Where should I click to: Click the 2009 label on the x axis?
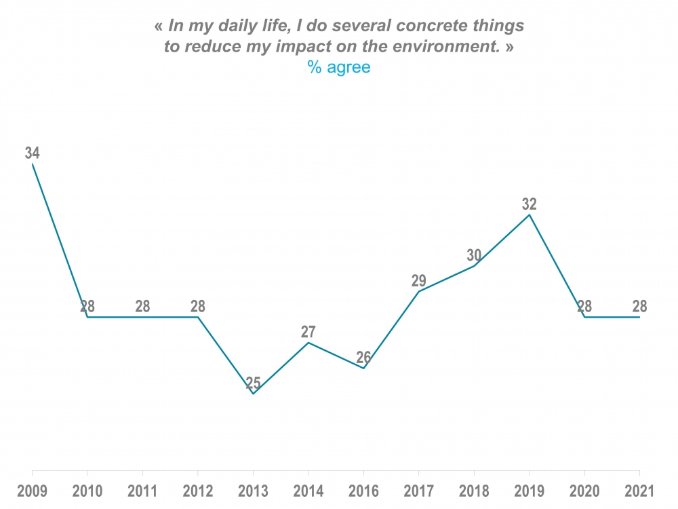click(32, 491)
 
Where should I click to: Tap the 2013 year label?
click(253, 491)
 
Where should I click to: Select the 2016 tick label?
click(363, 491)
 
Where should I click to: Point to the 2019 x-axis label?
click(529, 491)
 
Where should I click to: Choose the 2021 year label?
click(639, 491)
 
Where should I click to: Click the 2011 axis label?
click(142, 491)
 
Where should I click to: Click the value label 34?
click(32, 153)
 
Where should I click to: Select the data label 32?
click(529, 204)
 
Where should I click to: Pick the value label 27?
click(308, 332)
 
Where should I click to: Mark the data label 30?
click(474, 256)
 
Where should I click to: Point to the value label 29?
click(418, 281)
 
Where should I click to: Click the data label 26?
click(363, 358)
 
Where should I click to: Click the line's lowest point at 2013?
click(253, 394)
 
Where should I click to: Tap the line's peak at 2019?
click(529, 215)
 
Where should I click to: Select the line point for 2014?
click(308, 343)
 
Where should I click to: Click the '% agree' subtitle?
click(339, 67)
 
